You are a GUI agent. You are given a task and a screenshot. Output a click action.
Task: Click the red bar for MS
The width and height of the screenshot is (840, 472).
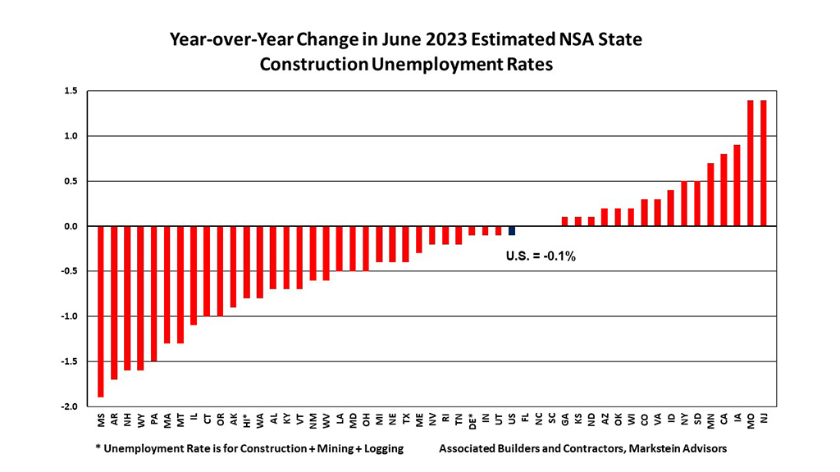click(102, 311)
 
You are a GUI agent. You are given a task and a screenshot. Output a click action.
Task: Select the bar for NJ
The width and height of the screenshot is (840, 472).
click(764, 163)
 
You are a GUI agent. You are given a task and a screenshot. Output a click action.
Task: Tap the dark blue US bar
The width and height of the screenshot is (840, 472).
click(512, 231)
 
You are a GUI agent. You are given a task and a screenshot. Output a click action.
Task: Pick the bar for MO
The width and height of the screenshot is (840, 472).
click(751, 163)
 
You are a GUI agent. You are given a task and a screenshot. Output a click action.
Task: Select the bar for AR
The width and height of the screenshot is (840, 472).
click(115, 302)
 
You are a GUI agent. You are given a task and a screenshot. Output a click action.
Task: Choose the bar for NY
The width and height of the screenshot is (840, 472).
click(684, 204)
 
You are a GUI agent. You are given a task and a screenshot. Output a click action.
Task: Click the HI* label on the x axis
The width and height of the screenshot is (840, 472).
click(247, 421)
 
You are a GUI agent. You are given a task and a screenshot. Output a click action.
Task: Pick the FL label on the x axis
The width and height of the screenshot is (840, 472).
click(525, 419)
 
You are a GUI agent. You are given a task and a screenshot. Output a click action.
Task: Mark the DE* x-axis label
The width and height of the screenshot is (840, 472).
click(472, 421)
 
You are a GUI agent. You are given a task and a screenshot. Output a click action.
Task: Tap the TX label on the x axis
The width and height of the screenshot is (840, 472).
click(406, 419)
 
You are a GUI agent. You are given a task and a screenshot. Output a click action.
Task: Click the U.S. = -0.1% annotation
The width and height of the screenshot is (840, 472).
click(541, 256)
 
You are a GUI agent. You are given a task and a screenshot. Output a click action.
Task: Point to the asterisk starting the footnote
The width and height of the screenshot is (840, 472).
click(98, 448)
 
